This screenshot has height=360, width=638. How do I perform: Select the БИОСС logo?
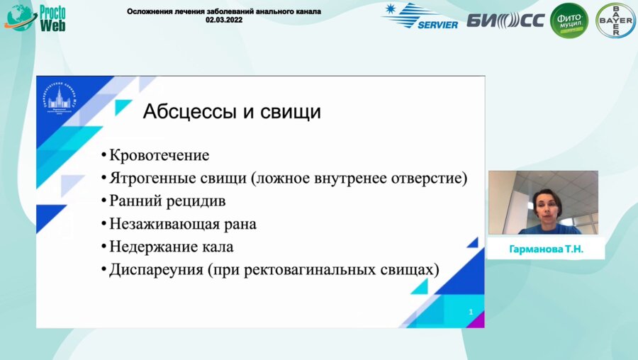coord(505,20)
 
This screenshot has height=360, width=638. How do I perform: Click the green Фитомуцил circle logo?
coord(569,20)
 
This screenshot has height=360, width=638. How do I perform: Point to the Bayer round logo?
coord(615,20)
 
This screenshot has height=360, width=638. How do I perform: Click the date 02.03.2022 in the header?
coord(223,21)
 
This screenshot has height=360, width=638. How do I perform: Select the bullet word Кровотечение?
coord(159,155)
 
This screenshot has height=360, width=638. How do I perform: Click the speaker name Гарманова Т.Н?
coord(546,250)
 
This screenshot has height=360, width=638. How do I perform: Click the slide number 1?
coord(471,312)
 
